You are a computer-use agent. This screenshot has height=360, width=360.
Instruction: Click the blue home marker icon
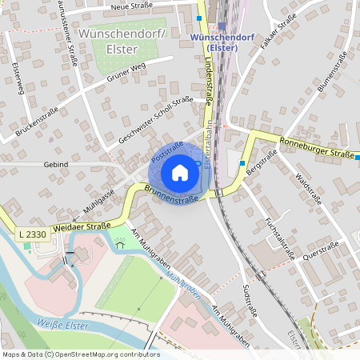pyautogui.click(x=180, y=173)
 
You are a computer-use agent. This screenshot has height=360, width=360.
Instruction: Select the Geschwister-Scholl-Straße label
pyautogui.click(x=157, y=121)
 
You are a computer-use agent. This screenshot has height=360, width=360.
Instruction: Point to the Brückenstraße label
pyautogui.click(x=32, y=114)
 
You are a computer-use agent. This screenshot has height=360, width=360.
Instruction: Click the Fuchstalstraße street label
pyautogui.click(x=279, y=235)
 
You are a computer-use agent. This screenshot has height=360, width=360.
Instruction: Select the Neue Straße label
pyautogui.click(x=132, y=6)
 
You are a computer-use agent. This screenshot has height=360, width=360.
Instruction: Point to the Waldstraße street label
pyautogui.click(x=307, y=189)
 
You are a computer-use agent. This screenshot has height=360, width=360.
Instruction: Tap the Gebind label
pyautogui.click(x=58, y=164)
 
